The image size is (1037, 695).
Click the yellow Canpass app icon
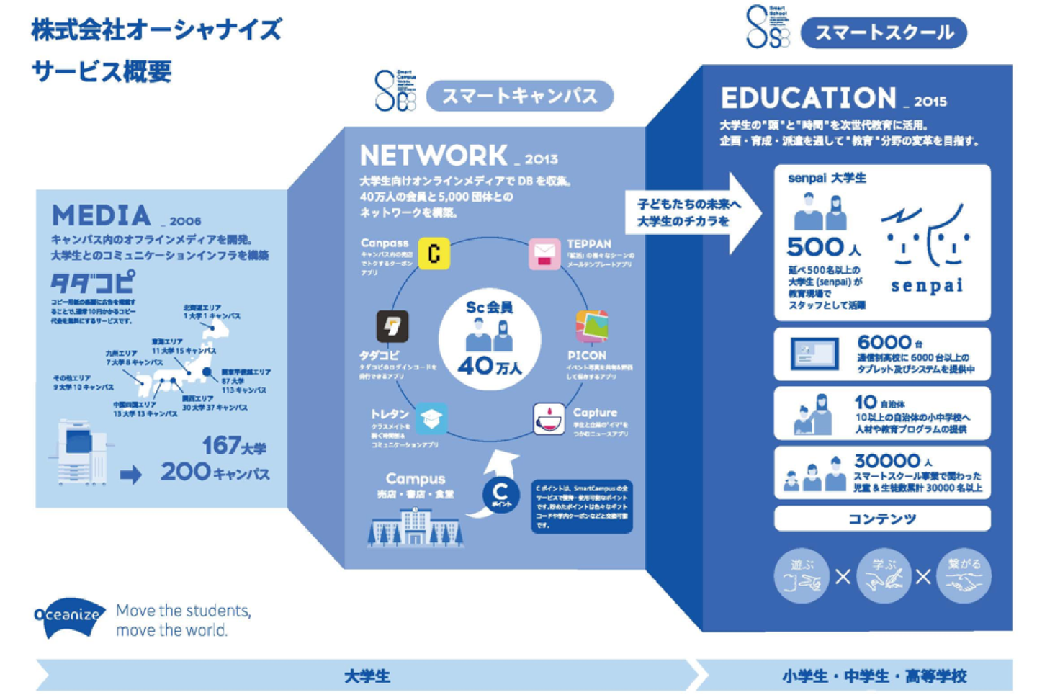[x=434, y=254]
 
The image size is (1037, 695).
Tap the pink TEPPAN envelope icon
[x=544, y=254]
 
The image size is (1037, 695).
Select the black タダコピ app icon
[x=392, y=326]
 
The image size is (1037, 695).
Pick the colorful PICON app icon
[x=591, y=326]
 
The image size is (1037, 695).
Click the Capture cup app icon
[x=549, y=418]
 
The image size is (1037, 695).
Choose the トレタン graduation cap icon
[x=431, y=418]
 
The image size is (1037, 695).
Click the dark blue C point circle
[x=500, y=496]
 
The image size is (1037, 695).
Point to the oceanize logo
[x=68, y=616]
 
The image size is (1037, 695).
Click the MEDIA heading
[x=102, y=215]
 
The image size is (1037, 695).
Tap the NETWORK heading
[x=434, y=156]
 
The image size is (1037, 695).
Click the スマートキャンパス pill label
[x=519, y=97]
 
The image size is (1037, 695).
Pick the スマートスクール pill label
[x=884, y=32]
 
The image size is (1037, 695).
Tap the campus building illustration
[x=415, y=526]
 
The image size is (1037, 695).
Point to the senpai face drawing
[x=926, y=238]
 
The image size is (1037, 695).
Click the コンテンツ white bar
[x=881, y=519]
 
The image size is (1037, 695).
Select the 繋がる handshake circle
[x=964, y=575]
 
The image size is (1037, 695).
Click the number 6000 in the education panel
[x=884, y=342]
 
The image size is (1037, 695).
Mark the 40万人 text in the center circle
[x=490, y=366]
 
